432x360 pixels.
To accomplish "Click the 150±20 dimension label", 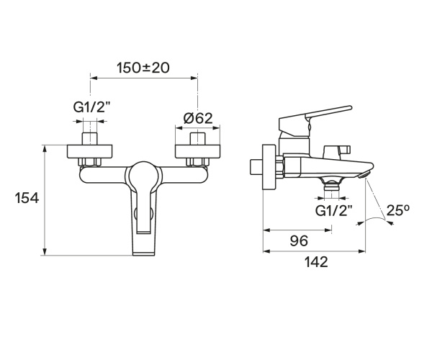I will point(143,68).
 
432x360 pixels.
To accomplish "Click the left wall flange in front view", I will point(90,152).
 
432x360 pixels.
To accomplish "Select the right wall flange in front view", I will point(196,152).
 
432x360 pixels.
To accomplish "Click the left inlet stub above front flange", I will point(90,139).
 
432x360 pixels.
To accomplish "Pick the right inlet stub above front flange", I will point(196,139).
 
